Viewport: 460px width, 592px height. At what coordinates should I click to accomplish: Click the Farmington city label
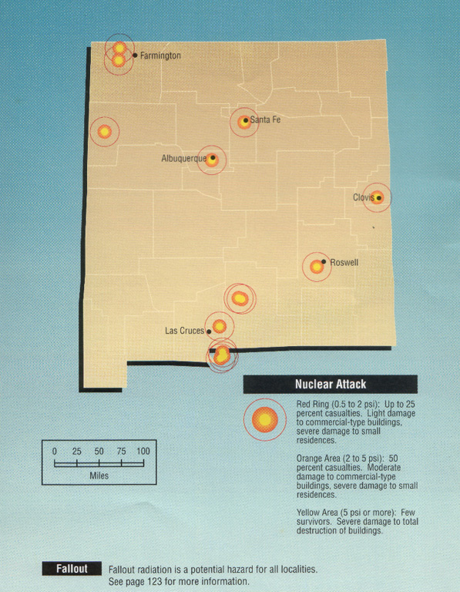[160, 56]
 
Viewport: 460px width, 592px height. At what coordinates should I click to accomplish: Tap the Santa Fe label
[265, 119]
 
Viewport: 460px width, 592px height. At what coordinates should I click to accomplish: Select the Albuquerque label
[183, 159]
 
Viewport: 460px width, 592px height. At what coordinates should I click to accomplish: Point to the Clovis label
[363, 197]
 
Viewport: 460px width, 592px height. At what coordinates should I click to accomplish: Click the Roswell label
[344, 263]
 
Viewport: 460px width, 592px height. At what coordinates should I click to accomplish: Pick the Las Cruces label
[185, 331]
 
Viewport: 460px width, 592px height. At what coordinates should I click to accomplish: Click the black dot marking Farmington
[135, 55]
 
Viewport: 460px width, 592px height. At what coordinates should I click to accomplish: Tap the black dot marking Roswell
[324, 262]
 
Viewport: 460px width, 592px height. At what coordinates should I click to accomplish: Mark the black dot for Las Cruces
[209, 332]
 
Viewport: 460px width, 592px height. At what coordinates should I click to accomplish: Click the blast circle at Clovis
[377, 197]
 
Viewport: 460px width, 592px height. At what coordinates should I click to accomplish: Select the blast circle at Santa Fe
[243, 122]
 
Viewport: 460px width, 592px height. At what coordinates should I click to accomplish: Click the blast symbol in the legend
[264, 419]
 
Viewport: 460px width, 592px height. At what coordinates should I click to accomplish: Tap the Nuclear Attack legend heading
[330, 384]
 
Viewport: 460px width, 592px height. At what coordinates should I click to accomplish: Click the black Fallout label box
[72, 569]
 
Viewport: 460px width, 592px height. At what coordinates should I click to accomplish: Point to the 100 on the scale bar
[143, 451]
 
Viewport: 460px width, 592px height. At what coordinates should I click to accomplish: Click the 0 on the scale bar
[54, 451]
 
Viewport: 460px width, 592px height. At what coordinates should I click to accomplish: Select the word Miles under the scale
[99, 476]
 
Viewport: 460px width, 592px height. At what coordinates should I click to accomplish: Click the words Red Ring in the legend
[314, 404]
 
